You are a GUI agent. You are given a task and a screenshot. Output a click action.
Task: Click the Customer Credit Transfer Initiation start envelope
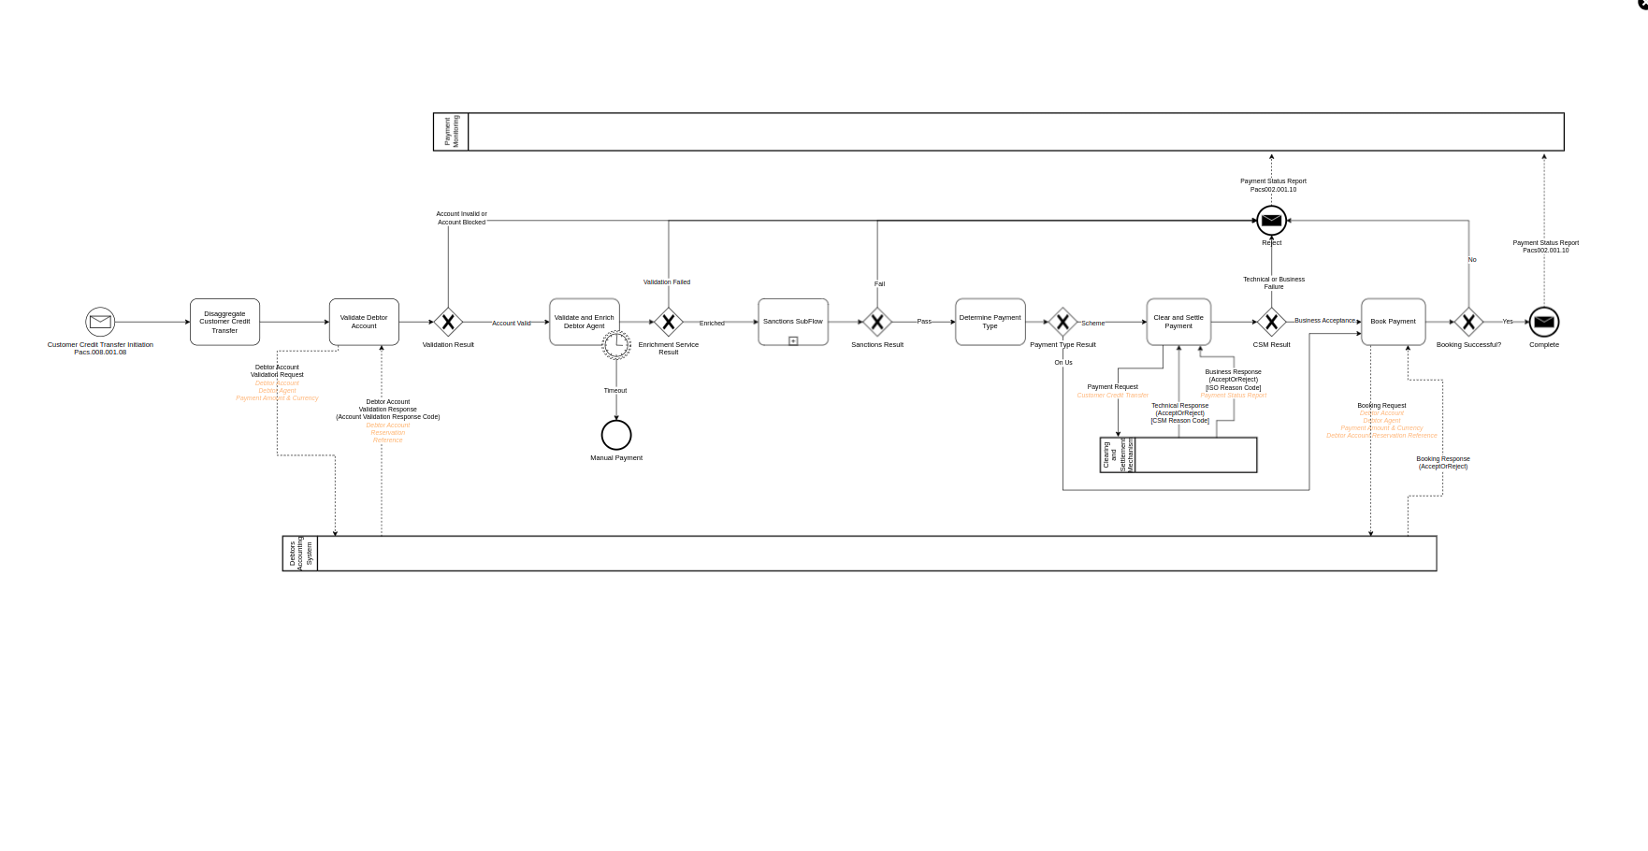click(100, 322)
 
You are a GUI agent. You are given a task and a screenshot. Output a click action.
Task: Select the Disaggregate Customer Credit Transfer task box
click(224, 322)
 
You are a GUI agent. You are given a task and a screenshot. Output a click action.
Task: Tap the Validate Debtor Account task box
click(364, 322)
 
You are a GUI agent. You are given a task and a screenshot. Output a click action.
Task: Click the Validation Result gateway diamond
click(448, 322)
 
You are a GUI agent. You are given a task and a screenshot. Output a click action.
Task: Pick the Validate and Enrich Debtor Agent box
click(584, 322)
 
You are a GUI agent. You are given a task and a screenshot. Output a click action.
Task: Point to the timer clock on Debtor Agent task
click(616, 345)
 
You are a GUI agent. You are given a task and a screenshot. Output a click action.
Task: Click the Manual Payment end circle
click(616, 435)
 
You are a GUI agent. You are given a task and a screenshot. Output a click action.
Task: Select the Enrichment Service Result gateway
click(668, 322)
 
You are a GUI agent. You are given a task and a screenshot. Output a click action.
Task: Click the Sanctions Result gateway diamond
click(877, 322)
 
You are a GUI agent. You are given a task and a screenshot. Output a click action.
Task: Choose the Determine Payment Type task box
click(990, 322)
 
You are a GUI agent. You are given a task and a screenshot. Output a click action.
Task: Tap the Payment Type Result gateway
click(1063, 322)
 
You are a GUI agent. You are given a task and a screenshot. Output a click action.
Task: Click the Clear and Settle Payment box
click(1178, 322)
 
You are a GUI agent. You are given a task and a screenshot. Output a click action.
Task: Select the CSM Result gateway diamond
click(1271, 322)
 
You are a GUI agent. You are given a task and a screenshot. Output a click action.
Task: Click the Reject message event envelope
click(1271, 221)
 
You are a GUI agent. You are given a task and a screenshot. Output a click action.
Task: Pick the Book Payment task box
click(1393, 322)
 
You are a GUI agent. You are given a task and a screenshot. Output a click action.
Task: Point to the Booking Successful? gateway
click(1468, 322)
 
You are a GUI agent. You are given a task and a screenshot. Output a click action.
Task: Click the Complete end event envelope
click(1544, 322)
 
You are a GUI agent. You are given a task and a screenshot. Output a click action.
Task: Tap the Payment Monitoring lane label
click(451, 132)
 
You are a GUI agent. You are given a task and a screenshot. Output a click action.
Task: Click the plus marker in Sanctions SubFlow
click(793, 341)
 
